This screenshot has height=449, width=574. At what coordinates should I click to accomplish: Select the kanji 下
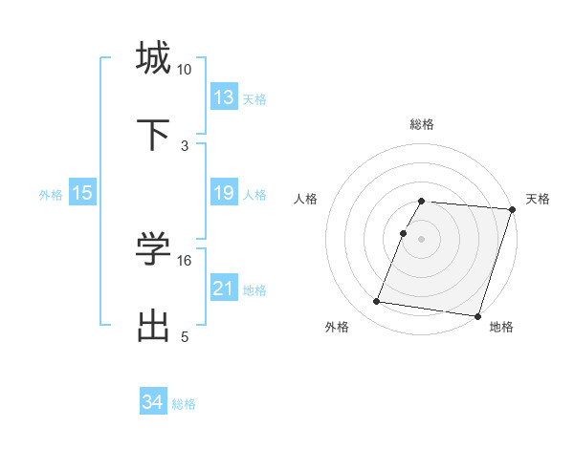pyautogui.click(x=154, y=134)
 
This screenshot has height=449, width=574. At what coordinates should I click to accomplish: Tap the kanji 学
pyautogui.click(x=154, y=249)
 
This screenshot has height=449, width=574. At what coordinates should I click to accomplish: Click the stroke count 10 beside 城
pyautogui.click(x=185, y=70)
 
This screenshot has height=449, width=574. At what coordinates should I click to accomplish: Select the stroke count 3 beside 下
pyautogui.click(x=185, y=146)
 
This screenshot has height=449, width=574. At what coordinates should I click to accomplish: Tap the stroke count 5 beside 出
pyautogui.click(x=185, y=337)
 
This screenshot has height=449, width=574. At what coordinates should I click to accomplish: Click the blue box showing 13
pyautogui.click(x=224, y=97)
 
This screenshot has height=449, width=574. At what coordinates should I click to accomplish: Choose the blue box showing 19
pyautogui.click(x=224, y=193)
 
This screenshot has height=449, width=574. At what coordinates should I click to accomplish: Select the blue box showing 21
pyautogui.click(x=224, y=289)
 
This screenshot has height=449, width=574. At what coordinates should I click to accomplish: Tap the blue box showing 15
pyautogui.click(x=82, y=193)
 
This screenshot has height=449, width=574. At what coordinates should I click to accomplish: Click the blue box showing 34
pyautogui.click(x=153, y=402)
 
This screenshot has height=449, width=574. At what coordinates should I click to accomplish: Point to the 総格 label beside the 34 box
pyautogui.click(x=184, y=404)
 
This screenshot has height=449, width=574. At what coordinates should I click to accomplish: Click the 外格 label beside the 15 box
pyautogui.click(x=51, y=195)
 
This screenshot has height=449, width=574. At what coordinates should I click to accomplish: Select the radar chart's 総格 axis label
pyautogui.click(x=422, y=124)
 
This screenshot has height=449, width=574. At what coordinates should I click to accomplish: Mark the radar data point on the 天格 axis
pyautogui.click(x=512, y=209)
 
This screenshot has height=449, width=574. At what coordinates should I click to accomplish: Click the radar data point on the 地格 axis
pyautogui.click(x=477, y=315)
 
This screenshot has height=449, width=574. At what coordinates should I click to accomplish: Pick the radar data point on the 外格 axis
pyautogui.click(x=377, y=302)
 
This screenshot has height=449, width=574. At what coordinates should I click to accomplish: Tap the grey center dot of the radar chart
pyautogui.click(x=422, y=238)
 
